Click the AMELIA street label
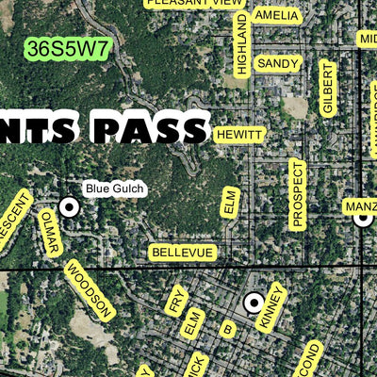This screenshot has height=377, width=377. [x=276, y=16]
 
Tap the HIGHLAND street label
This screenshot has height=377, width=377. [x=241, y=44]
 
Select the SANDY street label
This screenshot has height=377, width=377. [x=278, y=63]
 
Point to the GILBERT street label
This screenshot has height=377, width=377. [x=327, y=88]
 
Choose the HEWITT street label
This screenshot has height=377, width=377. [x=239, y=136]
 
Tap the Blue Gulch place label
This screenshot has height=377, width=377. [x=115, y=189]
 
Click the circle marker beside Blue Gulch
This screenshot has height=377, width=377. [x=69, y=205]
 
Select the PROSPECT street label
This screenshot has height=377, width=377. [x=298, y=194]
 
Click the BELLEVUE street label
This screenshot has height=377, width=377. [x=183, y=253]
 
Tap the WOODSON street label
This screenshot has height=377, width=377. [x=90, y=289]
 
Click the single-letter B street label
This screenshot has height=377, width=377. [x=227, y=329]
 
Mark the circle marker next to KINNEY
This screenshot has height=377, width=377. [x=254, y=303]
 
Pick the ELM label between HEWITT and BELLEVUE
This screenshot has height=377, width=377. [x=230, y=203]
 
